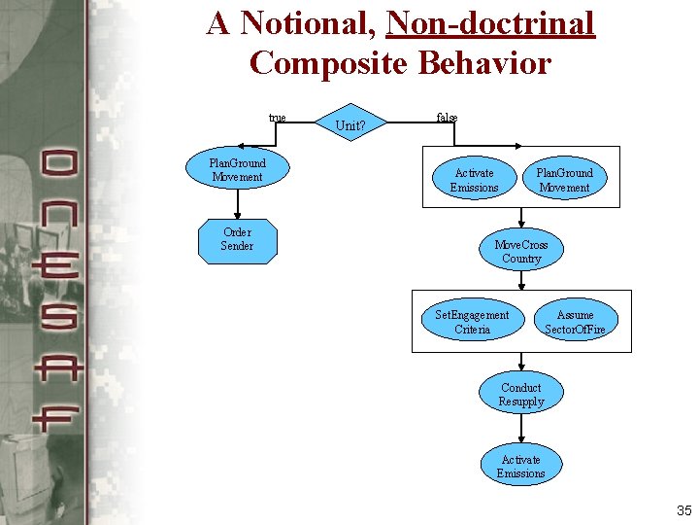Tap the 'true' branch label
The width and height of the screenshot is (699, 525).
pos(277,119)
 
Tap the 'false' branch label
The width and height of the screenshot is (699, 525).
pos(447,118)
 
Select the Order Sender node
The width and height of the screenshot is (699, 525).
pos(237,240)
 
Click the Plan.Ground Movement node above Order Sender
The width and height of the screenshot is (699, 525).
pos(237,170)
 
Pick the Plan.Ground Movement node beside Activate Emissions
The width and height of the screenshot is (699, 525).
pos(564,180)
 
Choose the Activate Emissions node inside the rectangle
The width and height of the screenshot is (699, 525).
pos(474,180)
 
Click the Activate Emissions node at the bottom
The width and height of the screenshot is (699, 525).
pos(521,467)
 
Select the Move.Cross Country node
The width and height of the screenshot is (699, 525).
pos(521,252)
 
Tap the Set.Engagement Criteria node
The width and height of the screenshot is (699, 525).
pos(472,322)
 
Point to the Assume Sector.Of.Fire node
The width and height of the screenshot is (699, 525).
pos(575,322)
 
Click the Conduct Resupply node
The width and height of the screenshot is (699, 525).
pos(521,395)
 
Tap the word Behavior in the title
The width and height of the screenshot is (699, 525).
pos(485,63)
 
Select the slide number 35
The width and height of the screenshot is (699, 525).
pos(683,510)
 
